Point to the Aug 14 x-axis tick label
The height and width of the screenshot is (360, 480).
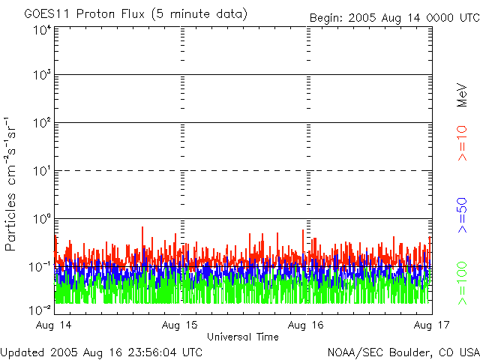pos(55,325)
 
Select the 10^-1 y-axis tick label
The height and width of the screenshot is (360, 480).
pos(40,266)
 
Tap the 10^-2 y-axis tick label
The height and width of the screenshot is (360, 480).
pos(40,308)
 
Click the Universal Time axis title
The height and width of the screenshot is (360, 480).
pos(243,337)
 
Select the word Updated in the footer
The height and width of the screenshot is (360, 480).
pos(22,352)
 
